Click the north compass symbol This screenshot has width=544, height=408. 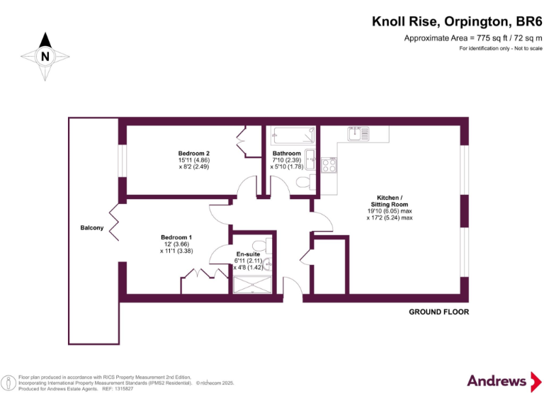click(45, 55)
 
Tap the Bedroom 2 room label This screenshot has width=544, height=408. click(193, 153)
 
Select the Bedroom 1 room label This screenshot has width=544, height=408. click(176, 237)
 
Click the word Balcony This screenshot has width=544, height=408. click(91, 227)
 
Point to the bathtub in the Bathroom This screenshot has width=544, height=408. click(291, 134)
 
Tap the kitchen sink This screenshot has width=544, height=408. click(358, 133)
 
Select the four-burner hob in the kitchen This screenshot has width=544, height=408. click(329, 165)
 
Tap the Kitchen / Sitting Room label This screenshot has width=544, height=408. click(389, 200)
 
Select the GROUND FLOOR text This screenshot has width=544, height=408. click(438, 312)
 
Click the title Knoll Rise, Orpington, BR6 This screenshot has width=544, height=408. click(457, 22)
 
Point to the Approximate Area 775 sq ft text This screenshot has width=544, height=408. click(472, 38)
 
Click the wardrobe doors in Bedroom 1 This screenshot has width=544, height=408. click(200, 280)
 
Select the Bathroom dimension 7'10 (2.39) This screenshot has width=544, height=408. click(287, 160)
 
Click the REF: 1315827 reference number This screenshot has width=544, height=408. click(119, 389)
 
